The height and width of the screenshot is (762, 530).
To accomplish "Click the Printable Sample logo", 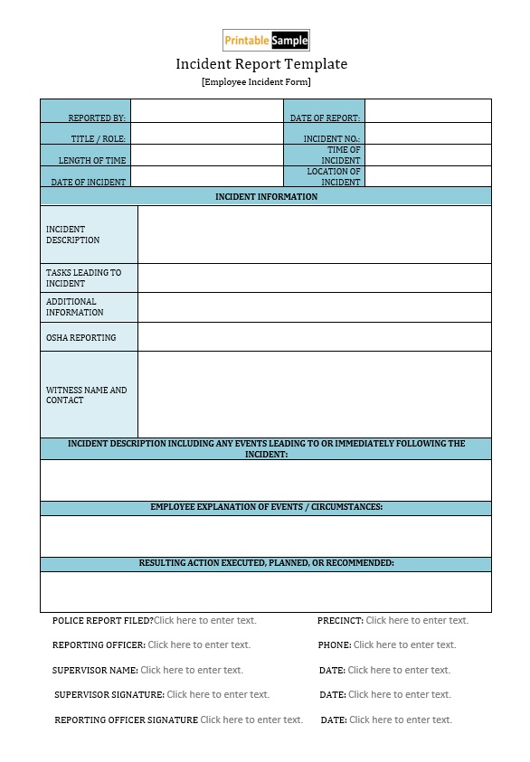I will click(x=266, y=40).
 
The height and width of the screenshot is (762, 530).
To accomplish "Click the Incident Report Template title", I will click(x=261, y=64).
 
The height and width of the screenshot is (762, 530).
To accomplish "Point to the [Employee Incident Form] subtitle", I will click(x=256, y=82).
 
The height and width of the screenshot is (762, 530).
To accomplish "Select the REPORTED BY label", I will click(x=97, y=118).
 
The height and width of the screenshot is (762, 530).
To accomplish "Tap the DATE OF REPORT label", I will click(x=325, y=118).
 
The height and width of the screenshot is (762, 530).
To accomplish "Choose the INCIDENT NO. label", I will click(x=331, y=139).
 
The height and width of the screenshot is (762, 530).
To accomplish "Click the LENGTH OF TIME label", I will click(x=92, y=161).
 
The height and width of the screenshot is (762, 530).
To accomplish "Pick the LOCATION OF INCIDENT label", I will click(x=333, y=176).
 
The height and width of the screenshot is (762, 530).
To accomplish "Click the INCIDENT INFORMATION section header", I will click(x=266, y=196).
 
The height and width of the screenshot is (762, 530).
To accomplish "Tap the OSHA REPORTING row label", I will click(x=81, y=338).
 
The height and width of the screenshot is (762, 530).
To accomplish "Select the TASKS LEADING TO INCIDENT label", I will click(x=83, y=278).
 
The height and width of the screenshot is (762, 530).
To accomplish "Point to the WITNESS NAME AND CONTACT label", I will click(x=87, y=395).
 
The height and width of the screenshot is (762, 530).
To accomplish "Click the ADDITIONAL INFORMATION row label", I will click(x=75, y=307).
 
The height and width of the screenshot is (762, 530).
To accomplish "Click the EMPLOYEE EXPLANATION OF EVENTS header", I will click(x=266, y=507).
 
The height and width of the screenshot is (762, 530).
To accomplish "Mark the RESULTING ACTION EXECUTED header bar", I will click(x=266, y=563).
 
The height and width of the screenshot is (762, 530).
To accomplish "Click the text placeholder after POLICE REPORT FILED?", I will click(x=205, y=620).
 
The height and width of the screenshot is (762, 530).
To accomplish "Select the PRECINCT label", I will click(x=340, y=620).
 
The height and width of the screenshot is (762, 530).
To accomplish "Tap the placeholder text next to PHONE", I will click(x=404, y=644).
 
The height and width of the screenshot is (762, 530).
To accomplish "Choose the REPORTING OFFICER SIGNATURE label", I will click(x=126, y=720).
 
